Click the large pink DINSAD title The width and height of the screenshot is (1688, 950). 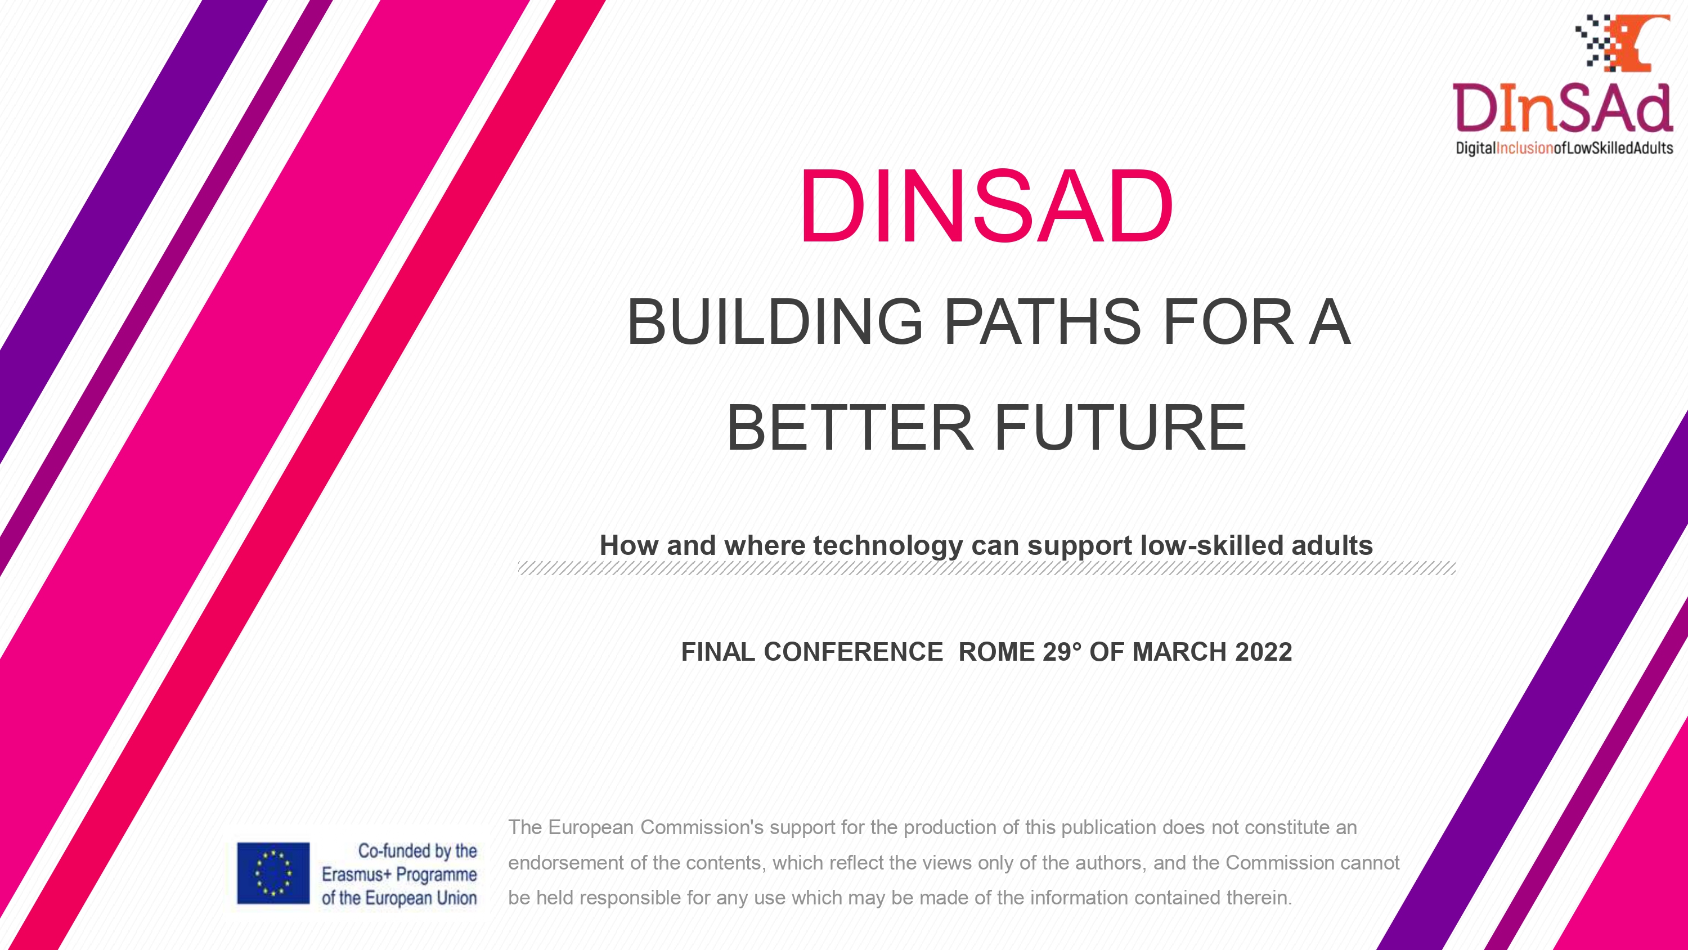[986, 206]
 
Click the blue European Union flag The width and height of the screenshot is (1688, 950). [273, 873]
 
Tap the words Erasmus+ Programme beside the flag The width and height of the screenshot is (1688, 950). [399, 875]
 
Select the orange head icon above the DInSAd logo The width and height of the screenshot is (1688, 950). [1636, 43]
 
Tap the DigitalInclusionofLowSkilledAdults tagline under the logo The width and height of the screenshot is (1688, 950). [1564, 148]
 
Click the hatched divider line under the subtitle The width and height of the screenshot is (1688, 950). [986, 568]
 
